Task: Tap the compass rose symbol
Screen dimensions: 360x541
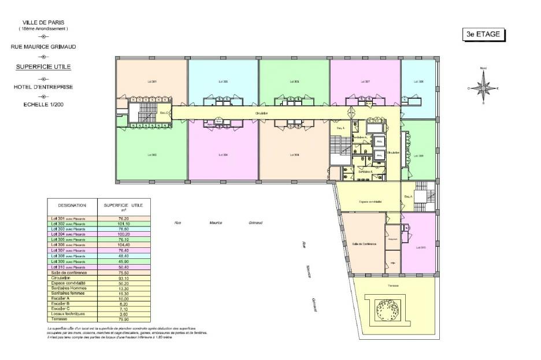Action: (483, 88)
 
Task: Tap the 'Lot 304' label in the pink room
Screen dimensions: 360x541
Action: (223, 155)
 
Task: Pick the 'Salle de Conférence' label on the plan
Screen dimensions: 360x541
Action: (364, 244)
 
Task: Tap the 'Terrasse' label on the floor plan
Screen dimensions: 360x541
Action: (394, 285)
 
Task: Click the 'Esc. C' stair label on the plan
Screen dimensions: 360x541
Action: (165, 113)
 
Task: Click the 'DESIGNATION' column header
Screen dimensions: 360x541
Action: (72, 205)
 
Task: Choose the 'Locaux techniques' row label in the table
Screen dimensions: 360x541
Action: (69, 314)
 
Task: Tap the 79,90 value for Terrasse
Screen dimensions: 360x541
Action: (124, 319)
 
